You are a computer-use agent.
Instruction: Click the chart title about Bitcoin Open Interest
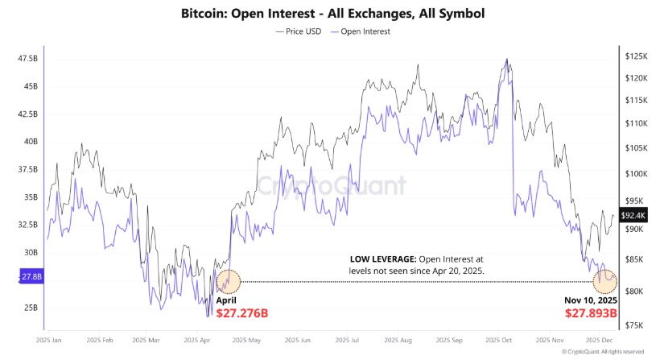pyautogui.click(x=329, y=14)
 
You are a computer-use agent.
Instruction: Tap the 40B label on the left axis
pyautogui.click(x=30, y=142)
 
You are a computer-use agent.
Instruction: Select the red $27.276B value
pyautogui.click(x=242, y=312)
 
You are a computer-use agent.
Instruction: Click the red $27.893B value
pyautogui.click(x=590, y=312)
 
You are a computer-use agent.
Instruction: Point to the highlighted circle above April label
pyautogui.click(x=229, y=281)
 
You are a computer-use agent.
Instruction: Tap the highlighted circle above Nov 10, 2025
pyautogui.click(x=604, y=281)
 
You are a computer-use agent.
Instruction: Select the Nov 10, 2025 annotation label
pyautogui.click(x=591, y=300)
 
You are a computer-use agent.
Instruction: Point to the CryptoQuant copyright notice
pyautogui.click(x=603, y=352)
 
